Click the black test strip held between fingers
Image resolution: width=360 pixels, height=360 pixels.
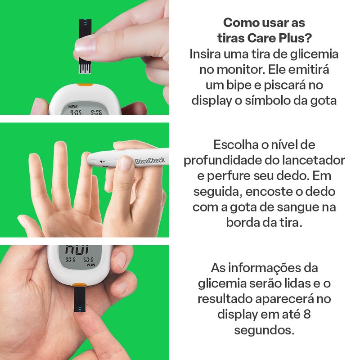pyautogui.click(x=85, y=46)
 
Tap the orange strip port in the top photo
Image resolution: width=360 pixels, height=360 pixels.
pyautogui.click(x=85, y=85)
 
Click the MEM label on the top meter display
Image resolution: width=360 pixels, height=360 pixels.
pyautogui.click(x=73, y=107)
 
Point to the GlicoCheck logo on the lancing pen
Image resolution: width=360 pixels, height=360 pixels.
pyautogui.click(x=150, y=160)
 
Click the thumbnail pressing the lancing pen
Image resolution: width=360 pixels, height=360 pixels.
pyautogui.click(x=126, y=163)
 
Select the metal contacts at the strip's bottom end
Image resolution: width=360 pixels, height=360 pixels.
pyautogui.click(x=85, y=69)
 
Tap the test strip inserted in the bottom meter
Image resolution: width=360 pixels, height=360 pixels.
pyautogui.click(x=80, y=300)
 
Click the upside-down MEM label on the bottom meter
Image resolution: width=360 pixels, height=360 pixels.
pyautogui.click(x=91, y=265)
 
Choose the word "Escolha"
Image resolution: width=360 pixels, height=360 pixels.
pyautogui.click(x=235, y=144)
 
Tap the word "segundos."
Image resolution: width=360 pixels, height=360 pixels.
pyautogui.click(x=264, y=330)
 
